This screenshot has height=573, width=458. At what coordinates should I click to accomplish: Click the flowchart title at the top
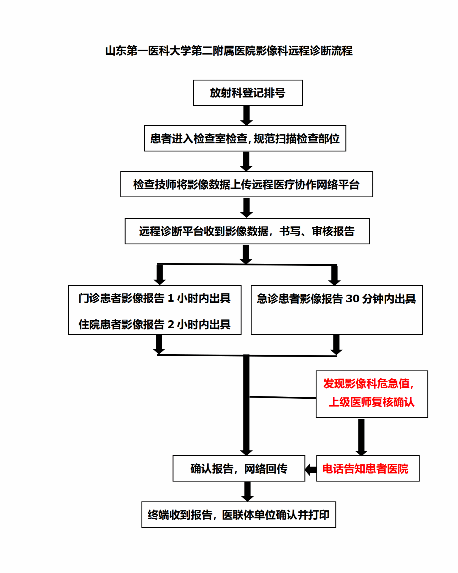point(229,51)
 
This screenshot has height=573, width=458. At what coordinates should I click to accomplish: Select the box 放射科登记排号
point(248,93)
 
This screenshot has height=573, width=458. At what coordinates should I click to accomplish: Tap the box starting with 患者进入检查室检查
point(245,138)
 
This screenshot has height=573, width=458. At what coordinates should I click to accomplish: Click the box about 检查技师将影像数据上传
point(247,184)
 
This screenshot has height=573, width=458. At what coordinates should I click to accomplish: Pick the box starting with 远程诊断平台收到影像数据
point(247,231)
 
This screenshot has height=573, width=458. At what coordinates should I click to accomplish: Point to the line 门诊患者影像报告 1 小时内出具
point(154,298)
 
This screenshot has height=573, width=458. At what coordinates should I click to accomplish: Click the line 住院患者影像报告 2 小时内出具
point(154,324)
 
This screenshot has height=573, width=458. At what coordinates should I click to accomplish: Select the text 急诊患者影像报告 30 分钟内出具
point(336,299)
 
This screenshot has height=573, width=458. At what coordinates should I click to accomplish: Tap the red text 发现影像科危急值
point(369,383)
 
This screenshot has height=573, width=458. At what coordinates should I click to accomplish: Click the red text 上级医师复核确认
point(372,402)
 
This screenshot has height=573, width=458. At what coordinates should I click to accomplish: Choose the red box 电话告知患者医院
point(368,468)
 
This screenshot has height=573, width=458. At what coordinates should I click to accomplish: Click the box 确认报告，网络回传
point(239,468)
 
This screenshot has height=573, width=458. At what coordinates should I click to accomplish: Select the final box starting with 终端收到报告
point(239,515)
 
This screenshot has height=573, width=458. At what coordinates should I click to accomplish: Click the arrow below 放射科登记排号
point(246,115)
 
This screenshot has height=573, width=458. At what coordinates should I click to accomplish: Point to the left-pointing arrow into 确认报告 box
point(311,470)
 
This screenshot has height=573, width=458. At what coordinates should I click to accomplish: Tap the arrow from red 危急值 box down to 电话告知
point(361,437)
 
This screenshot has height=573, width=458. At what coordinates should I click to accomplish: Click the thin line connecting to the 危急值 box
point(283,398)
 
